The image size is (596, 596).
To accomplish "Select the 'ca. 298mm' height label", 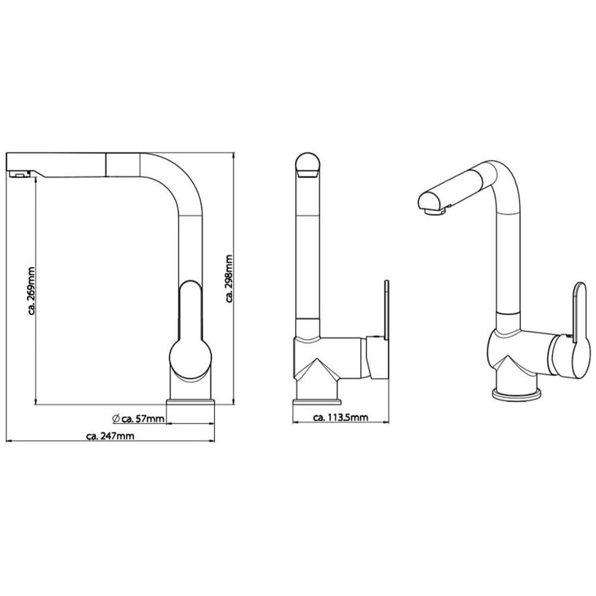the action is pyautogui.click(x=229, y=278).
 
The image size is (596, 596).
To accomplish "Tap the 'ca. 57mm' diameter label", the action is pyautogui.click(x=143, y=419).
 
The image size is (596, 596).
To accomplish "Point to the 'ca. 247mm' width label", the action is pyautogui.click(x=111, y=436).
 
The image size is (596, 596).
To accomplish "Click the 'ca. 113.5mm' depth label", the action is pyautogui.click(x=340, y=417).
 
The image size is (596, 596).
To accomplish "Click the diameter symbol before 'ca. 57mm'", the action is pyautogui.click(x=116, y=418).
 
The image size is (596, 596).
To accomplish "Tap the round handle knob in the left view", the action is pyautogui.click(x=190, y=359).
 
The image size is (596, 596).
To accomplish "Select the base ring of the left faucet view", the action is pyautogui.click(x=191, y=402).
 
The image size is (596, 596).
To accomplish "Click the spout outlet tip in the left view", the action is pyautogui.click(x=18, y=175).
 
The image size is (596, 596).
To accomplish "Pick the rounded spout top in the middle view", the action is pyautogui.click(x=308, y=165).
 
